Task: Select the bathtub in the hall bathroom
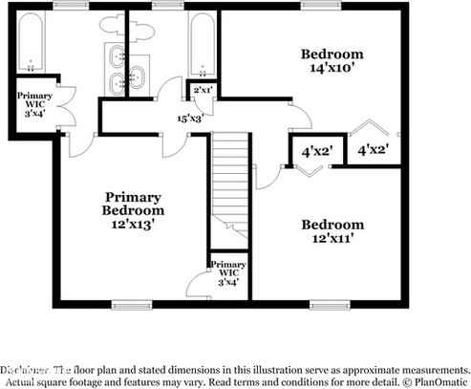pyautogui.click(x=203, y=43)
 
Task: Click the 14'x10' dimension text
pyautogui.click(x=332, y=70)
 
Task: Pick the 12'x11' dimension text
pyautogui.click(x=332, y=241)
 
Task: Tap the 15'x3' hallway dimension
pyautogui.click(x=189, y=119)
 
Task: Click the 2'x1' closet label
pyautogui.click(x=203, y=90)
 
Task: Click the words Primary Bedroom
pyautogui.click(x=134, y=203)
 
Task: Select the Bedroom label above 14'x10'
pyautogui.click(x=332, y=54)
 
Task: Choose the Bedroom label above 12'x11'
pyautogui.click(x=332, y=225)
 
